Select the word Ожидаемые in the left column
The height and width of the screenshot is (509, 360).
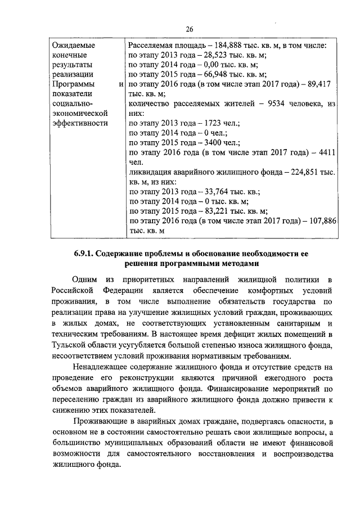(x=73, y=44)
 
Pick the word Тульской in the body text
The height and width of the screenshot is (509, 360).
(x=67, y=345)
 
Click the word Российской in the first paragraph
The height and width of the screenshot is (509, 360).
(x=71, y=290)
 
